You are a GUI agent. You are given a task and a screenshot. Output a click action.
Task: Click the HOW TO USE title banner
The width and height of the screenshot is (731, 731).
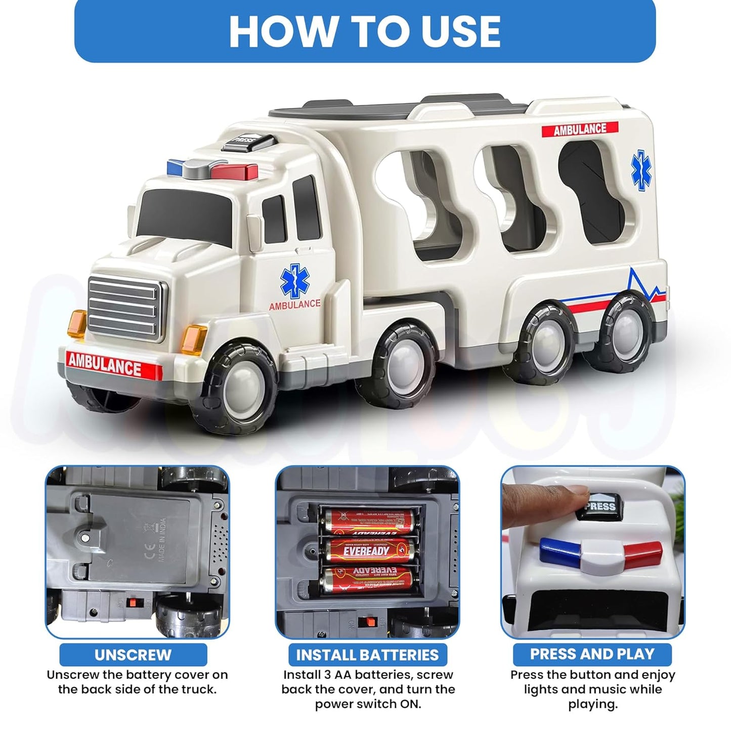pyautogui.click(x=365, y=31)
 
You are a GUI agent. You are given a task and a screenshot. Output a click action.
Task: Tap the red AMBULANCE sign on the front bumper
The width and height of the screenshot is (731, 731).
pyautogui.click(x=105, y=364)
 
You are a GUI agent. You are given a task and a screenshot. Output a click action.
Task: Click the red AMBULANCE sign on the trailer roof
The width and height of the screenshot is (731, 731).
pyautogui.click(x=580, y=129)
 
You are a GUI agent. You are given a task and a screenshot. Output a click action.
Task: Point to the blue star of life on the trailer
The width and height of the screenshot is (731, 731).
pyautogui.click(x=641, y=171)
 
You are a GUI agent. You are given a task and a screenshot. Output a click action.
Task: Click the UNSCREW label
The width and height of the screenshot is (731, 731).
pyautogui.click(x=133, y=655)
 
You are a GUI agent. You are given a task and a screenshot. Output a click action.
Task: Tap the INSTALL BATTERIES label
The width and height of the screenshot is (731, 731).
pyautogui.click(x=367, y=655)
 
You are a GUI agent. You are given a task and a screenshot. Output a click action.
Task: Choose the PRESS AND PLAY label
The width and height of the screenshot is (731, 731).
pyautogui.click(x=592, y=654)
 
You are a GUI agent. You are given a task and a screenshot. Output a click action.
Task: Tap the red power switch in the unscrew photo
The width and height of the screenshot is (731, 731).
pyautogui.click(x=134, y=603)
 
